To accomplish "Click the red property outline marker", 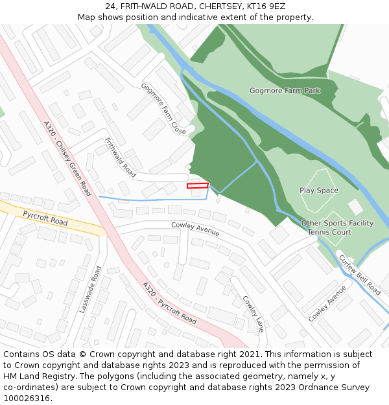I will [198, 185].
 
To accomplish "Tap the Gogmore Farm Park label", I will [285, 91].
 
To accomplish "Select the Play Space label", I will [319, 191].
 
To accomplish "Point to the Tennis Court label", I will [329, 232].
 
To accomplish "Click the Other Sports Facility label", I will [337, 223].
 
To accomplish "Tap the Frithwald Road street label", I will [120, 158].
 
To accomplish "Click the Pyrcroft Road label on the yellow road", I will [45, 218].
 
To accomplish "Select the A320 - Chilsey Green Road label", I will [67, 159].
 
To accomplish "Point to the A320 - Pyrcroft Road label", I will [169, 303].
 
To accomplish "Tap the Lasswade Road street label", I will [90, 290].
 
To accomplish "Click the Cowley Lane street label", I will [253, 314].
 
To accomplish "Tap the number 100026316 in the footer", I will [27, 399].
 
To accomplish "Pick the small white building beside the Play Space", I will [355, 207].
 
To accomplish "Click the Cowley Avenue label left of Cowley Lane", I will [195, 229].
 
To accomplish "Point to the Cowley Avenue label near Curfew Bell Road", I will [327, 304].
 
